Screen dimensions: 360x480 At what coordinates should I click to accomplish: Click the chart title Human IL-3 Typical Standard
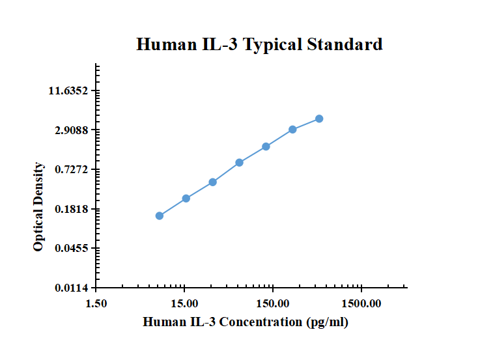pyautogui.click(x=259, y=44)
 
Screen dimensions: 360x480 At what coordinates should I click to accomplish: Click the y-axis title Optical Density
pyautogui.click(x=39, y=206)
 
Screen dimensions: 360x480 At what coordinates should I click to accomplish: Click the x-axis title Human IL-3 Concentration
pyautogui.click(x=246, y=322)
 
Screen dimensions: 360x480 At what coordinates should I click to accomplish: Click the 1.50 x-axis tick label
pyautogui.click(x=96, y=303)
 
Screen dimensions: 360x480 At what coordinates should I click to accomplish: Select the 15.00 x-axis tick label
pyautogui.click(x=185, y=303)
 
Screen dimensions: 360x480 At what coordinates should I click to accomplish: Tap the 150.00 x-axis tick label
pyautogui.click(x=273, y=303)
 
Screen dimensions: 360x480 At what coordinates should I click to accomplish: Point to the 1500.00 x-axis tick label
pyautogui.click(x=361, y=303)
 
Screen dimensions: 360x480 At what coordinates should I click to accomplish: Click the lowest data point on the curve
pyautogui.click(x=160, y=215)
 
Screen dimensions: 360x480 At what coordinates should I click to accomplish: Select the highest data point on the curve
pyautogui.click(x=319, y=118)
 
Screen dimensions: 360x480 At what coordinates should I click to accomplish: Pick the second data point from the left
pyautogui.click(x=186, y=198)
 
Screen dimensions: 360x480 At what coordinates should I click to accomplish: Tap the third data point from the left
pyautogui.click(x=213, y=182)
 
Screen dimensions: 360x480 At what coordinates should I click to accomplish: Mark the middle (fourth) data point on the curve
pyautogui.click(x=240, y=162)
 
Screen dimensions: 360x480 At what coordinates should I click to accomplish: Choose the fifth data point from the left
pyautogui.click(x=266, y=146)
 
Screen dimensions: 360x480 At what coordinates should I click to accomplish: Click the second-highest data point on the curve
pyautogui.click(x=293, y=130)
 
